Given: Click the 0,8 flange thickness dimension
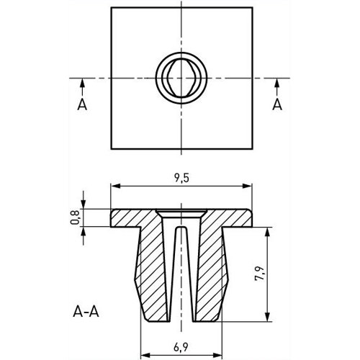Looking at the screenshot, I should coord(75,217).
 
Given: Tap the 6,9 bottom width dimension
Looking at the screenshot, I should coord(181,346).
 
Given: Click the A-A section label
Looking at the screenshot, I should coord(87,312).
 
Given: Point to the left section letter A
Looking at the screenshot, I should coord(84,106).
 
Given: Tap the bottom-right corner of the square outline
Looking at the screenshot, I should coord(252,150).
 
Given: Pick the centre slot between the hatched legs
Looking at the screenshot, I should coord(181,274).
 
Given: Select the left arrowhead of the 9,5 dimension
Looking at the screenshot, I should coord(114,187).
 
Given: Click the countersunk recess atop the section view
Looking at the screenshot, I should coord(181,212).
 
